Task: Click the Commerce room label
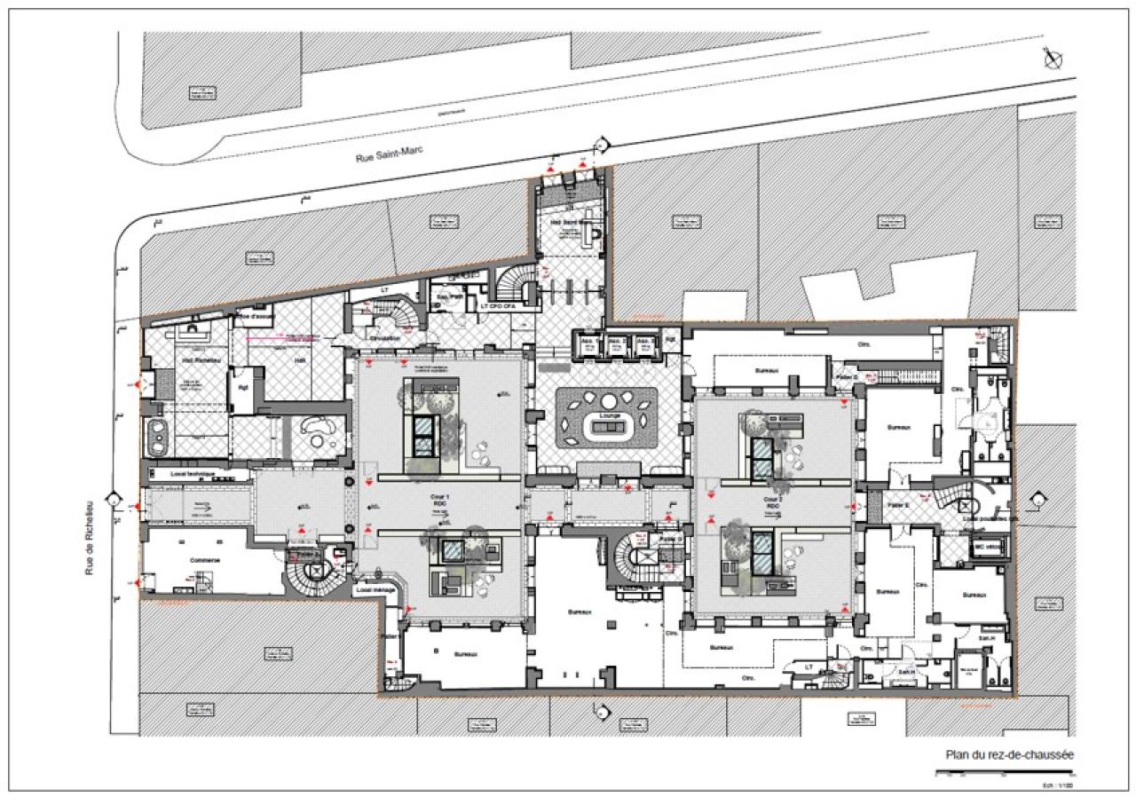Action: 205,561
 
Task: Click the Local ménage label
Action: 375,588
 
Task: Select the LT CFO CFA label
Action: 498,306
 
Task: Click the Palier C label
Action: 848,377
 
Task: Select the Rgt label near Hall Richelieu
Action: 240,386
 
